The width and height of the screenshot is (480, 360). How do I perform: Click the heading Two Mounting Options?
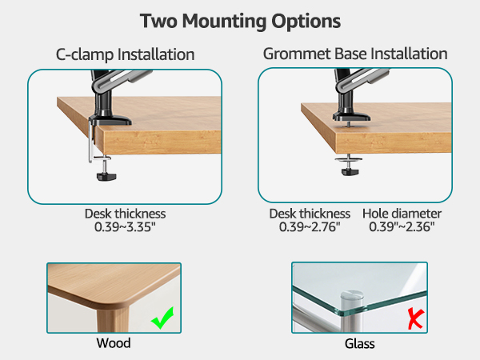tap(240, 20)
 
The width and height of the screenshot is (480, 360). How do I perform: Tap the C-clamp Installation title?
tap(125, 55)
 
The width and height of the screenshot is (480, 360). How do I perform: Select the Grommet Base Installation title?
tap(355, 55)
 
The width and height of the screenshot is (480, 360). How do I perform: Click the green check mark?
tap(163, 321)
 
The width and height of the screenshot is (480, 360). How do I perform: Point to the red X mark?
tap(414, 320)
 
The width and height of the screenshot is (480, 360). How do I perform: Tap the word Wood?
tap(114, 343)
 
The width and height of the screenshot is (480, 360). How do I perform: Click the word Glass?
tap(360, 344)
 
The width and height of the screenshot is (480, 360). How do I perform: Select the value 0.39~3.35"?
tap(125, 227)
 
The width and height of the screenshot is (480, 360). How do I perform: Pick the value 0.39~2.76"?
tap(310, 227)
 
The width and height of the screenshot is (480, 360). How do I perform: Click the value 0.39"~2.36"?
tap(402, 227)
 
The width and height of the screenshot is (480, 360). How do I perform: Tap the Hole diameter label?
tap(402, 214)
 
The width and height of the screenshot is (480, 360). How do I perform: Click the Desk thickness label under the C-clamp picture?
tap(125, 214)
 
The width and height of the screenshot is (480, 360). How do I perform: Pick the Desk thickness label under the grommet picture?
tap(310, 214)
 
